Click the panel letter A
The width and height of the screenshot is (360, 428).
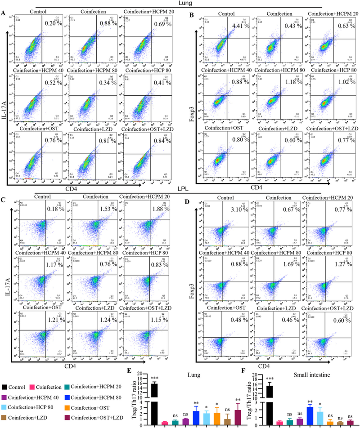pyautogui.click(x=4, y=13)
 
